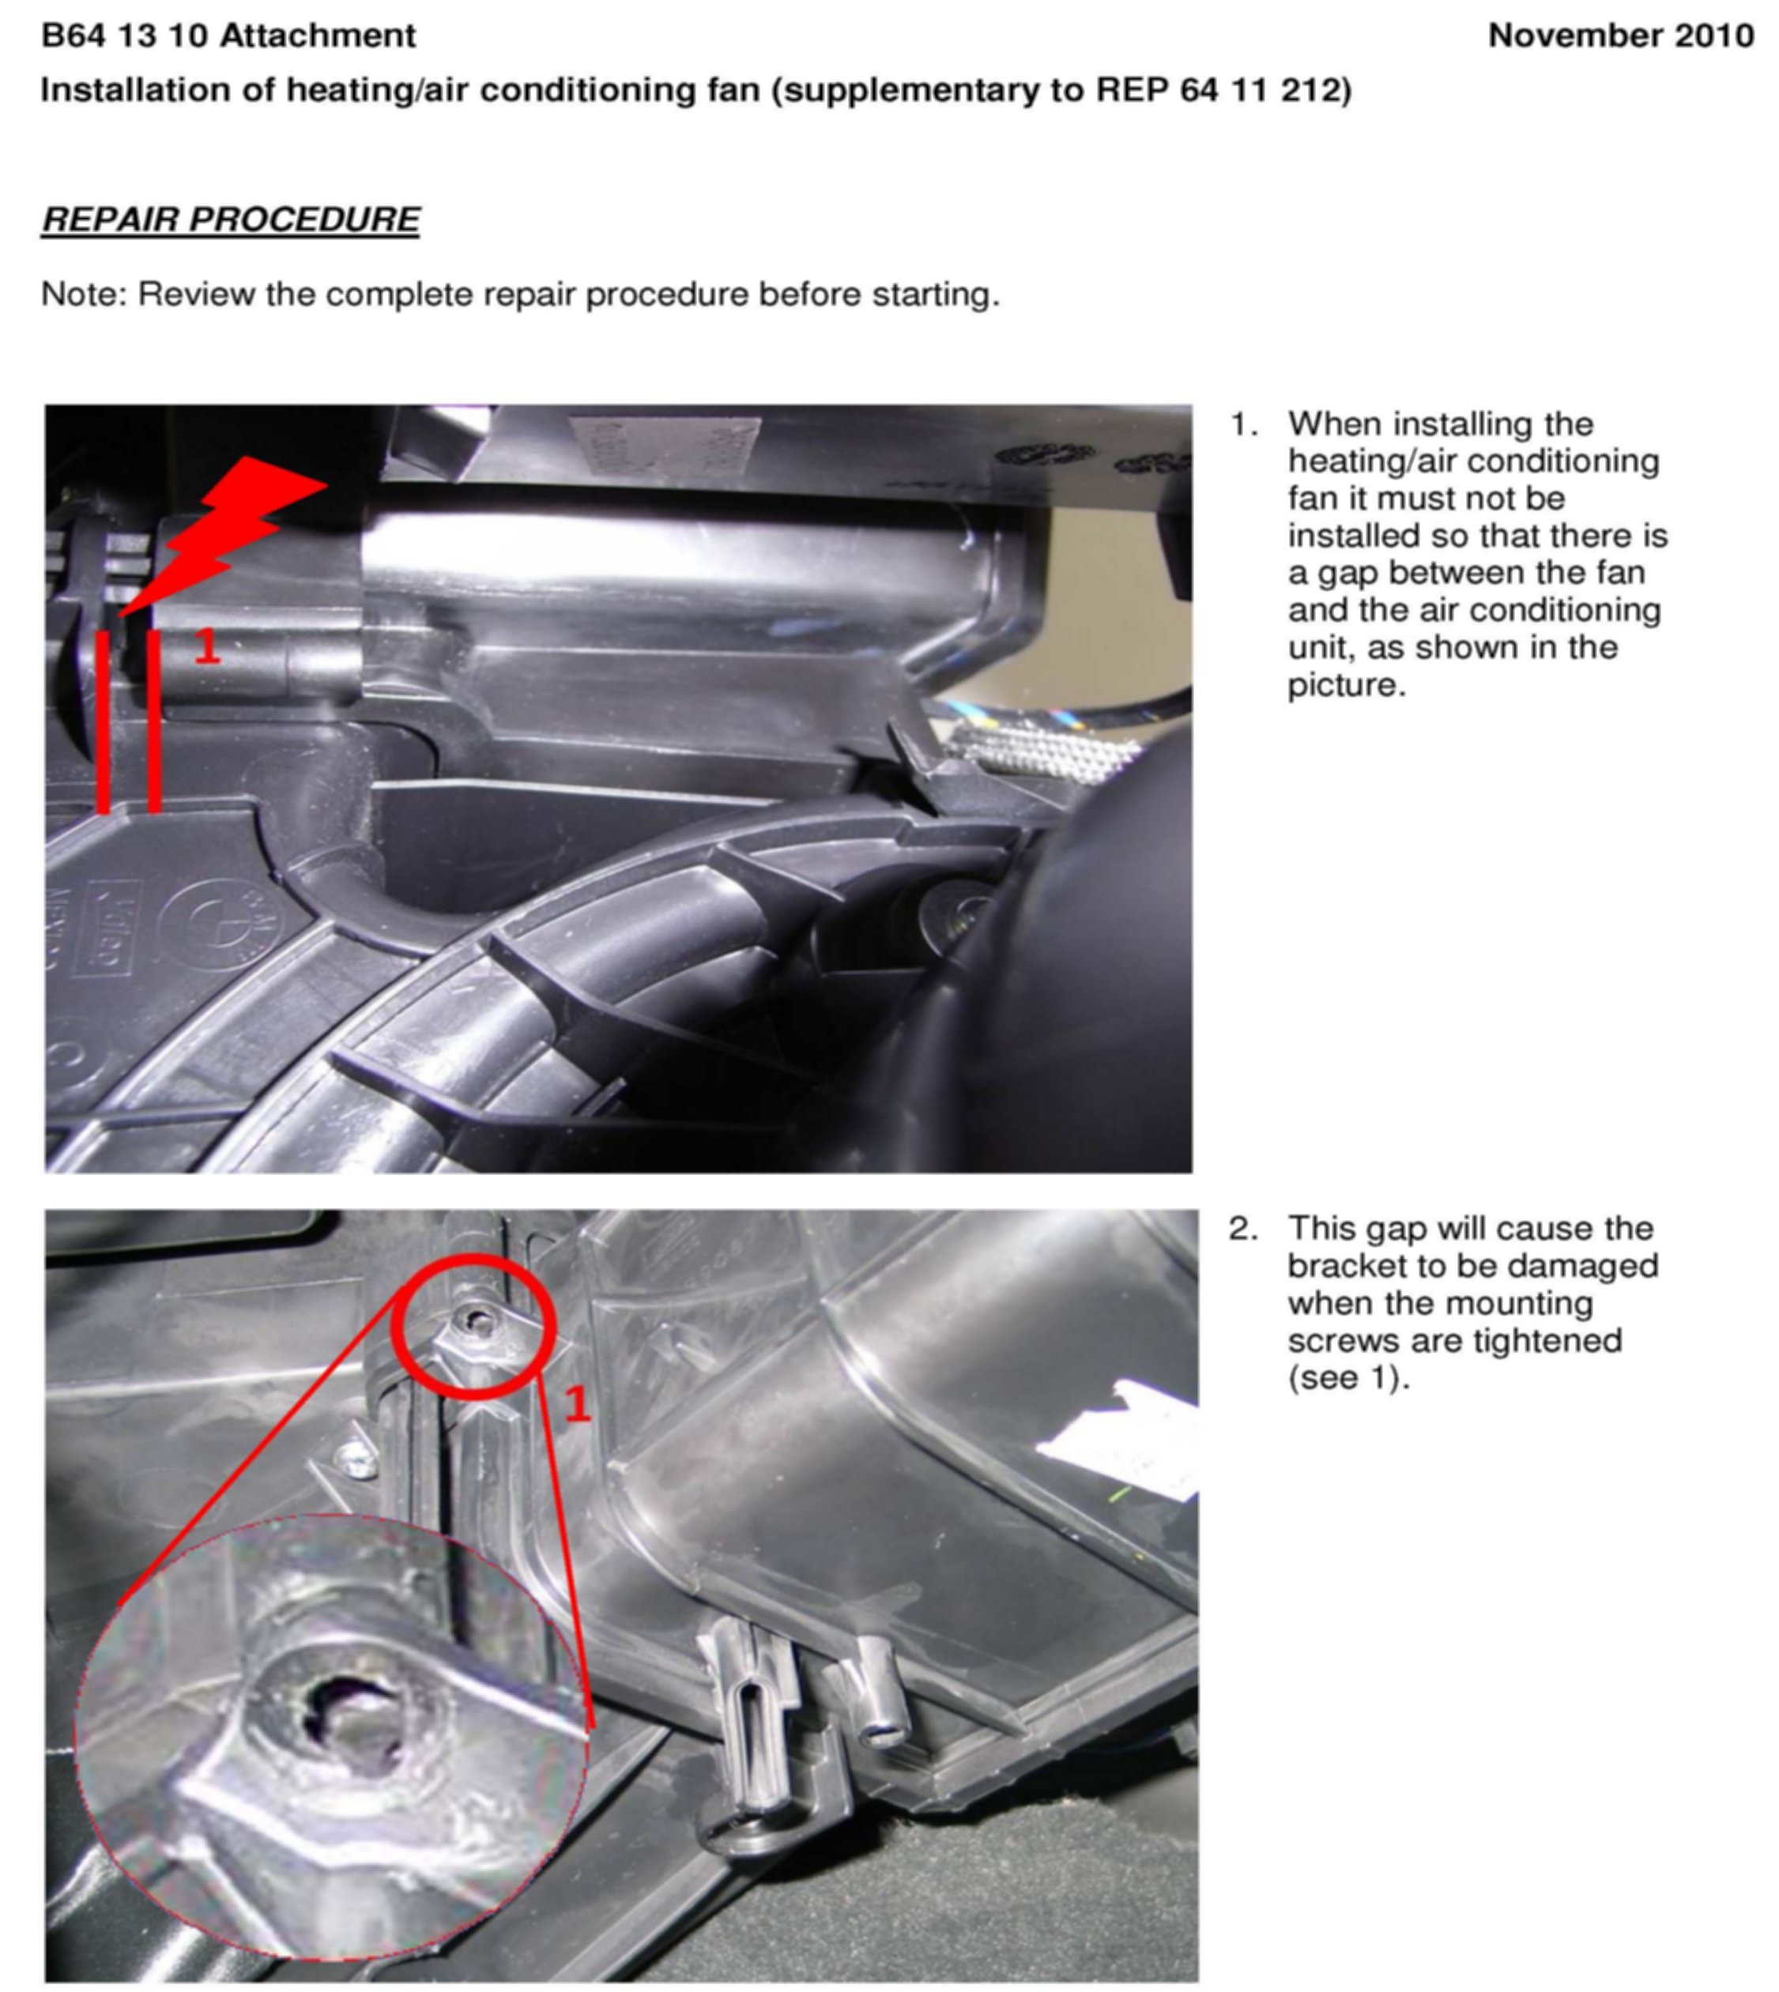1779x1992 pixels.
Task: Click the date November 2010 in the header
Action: click(1619, 36)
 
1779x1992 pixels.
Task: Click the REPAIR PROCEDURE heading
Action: click(231, 219)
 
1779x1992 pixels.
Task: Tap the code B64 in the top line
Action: click(73, 36)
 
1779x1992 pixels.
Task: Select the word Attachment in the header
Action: click(318, 36)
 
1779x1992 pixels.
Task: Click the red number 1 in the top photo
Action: click(207, 646)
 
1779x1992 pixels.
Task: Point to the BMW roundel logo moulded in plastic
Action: click(217, 923)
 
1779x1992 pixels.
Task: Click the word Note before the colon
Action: click(79, 294)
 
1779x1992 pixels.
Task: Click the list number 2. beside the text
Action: click(1243, 1229)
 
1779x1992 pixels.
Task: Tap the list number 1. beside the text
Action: click(1243, 424)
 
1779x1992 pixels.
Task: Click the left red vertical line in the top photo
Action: click(104, 721)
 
